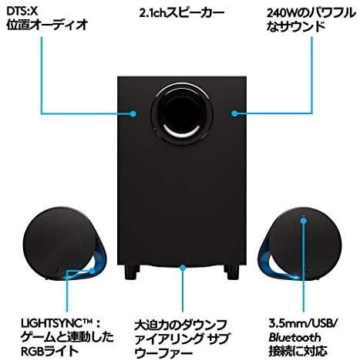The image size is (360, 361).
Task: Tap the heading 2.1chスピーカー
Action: click(x=182, y=13)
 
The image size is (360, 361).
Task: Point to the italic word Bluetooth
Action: click(x=294, y=337)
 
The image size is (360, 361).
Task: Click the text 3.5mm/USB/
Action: click(x=302, y=323)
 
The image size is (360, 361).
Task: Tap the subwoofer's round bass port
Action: click(x=182, y=110)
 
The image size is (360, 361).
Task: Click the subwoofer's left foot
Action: click(x=133, y=272)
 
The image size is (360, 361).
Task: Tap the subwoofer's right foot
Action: click(x=231, y=272)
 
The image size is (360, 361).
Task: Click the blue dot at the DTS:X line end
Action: click(x=133, y=113)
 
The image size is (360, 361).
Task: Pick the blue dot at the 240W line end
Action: click(x=234, y=113)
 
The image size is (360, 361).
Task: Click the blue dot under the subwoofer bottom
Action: click(x=183, y=268)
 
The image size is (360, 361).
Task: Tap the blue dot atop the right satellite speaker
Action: click(x=304, y=221)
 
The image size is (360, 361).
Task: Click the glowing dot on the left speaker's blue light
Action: click(x=92, y=270)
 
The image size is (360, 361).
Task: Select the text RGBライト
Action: click(x=49, y=351)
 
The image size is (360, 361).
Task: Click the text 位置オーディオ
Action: click(x=48, y=25)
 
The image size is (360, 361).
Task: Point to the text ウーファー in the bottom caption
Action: click(x=164, y=353)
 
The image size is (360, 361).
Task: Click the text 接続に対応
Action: click(x=298, y=351)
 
